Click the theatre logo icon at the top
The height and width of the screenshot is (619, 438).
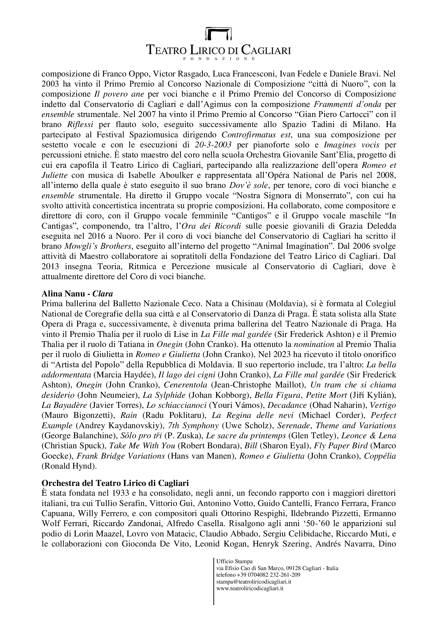coord(219,33)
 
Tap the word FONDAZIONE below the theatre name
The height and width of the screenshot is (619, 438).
coord(219,58)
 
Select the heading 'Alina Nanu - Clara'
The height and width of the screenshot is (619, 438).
coord(77,293)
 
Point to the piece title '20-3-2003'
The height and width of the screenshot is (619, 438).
coord(213,145)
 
